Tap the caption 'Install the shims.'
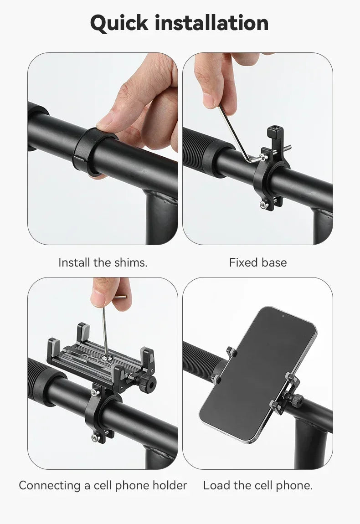tap(103, 262)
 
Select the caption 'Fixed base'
tap(258, 262)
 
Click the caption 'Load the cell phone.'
tap(258, 485)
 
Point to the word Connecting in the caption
tap(49, 485)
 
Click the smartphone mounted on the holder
tap(258, 374)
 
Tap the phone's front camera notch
tap(283, 315)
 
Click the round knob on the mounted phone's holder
tap(297, 401)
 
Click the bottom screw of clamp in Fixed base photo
tap(263, 205)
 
